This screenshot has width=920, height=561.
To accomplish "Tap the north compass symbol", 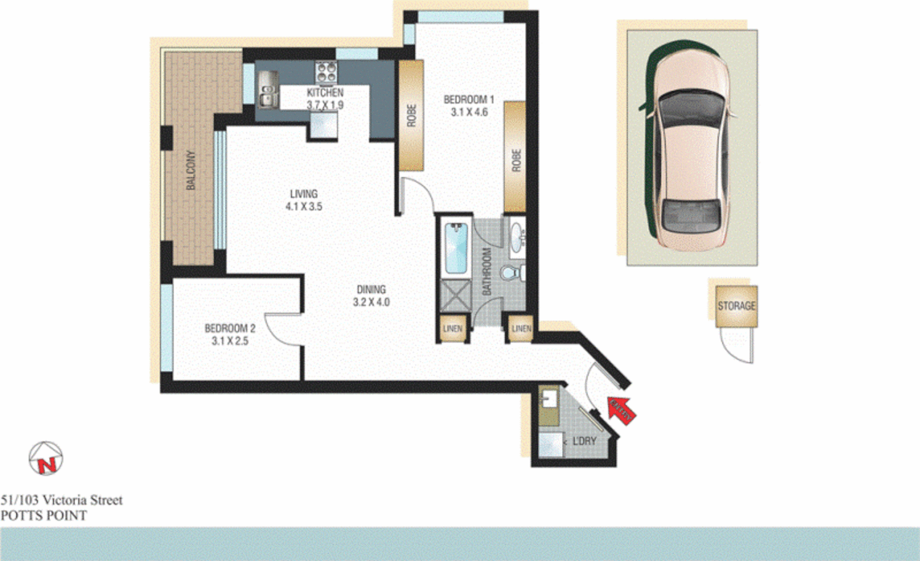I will [x=45, y=459].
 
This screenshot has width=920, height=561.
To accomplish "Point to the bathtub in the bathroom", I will [x=457, y=249].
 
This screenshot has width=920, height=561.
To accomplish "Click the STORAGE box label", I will [x=737, y=306].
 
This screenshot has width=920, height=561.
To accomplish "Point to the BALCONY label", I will [x=191, y=170].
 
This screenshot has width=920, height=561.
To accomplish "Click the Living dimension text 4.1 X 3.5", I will [x=304, y=206].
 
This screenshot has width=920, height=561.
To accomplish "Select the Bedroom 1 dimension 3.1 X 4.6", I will [x=469, y=112].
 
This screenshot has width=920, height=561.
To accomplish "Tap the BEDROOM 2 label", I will [x=230, y=329].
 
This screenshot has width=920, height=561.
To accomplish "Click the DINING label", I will [x=371, y=290].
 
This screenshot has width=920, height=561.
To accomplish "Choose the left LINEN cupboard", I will [x=452, y=329].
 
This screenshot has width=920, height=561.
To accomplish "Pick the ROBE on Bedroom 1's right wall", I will [x=516, y=158].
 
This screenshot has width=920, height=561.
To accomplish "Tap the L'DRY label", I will [x=584, y=441].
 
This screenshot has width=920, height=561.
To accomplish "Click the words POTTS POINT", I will [x=44, y=516].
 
